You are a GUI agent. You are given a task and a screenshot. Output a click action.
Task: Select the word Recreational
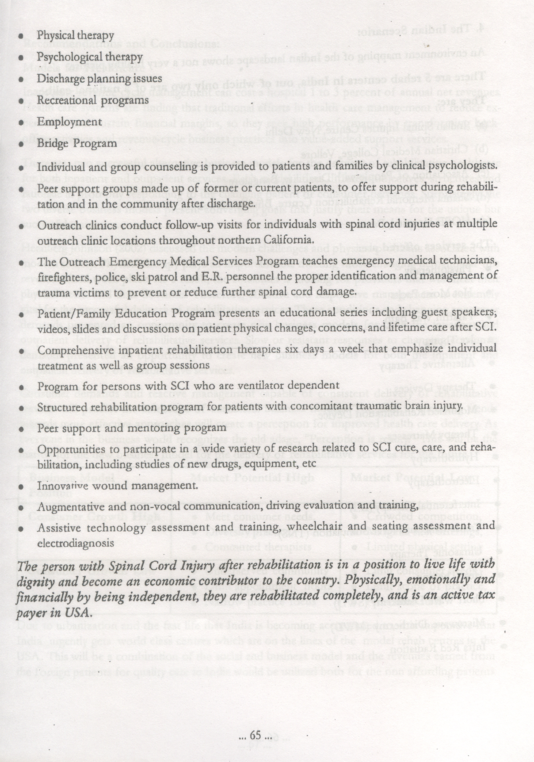[65, 100]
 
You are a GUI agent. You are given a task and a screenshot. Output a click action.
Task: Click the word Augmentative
[68, 506]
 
